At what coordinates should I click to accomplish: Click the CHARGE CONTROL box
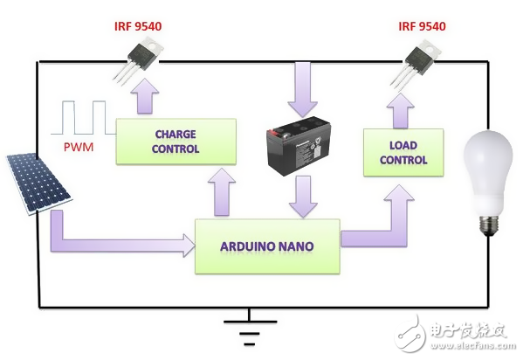point(176,142)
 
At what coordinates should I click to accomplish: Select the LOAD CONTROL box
point(403,154)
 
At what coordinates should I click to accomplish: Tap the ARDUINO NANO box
point(266,246)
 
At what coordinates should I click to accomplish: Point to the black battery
point(299,143)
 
